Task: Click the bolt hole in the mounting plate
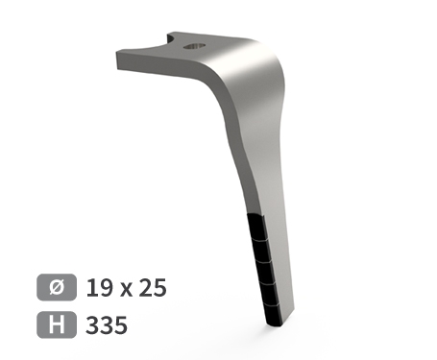click(194, 46)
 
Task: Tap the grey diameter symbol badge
click(57, 287)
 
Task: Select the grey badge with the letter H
click(57, 324)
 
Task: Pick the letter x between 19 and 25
click(126, 290)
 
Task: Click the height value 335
click(107, 324)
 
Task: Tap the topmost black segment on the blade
click(256, 227)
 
